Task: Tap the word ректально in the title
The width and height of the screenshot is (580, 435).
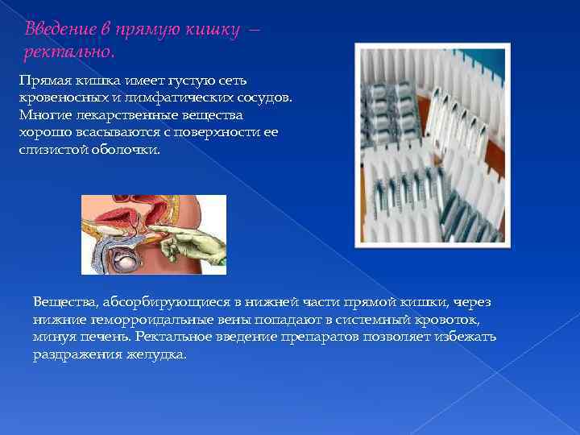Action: tap(68, 52)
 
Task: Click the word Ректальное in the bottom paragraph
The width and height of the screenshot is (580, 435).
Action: tap(176, 336)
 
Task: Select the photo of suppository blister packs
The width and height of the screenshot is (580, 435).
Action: tap(433, 145)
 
